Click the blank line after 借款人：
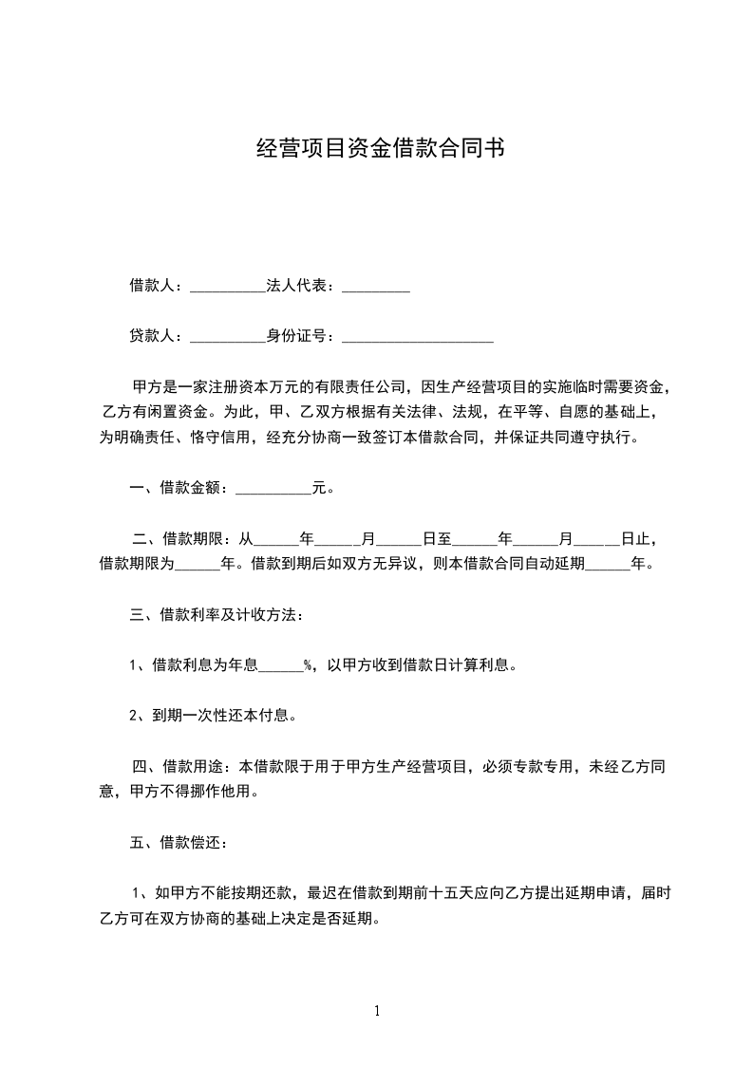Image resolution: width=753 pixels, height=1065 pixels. click(228, 286)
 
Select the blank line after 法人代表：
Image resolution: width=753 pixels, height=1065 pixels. click(375, 286)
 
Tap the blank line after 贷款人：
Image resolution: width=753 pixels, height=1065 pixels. click(228, 336)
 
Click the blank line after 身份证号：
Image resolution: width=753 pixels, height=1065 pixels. click(417, 336)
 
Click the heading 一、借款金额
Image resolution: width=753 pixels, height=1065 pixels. click(177, 489)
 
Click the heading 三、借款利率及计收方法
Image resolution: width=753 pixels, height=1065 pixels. click(216, 614)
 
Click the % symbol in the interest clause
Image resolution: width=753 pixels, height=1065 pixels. click(309, 665)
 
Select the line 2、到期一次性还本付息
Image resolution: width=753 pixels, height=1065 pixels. click(214, 715)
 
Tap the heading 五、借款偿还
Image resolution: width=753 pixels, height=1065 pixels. click(177, 841)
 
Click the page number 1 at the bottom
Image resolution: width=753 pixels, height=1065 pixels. click(377, 1011)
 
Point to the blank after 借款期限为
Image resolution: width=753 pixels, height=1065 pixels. click(198, 565)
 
